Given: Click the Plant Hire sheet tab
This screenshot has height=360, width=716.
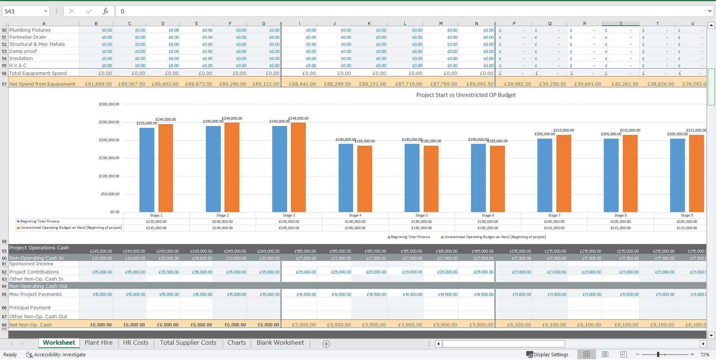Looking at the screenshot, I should tap(98, 343).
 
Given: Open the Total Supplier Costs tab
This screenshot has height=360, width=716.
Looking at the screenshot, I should tap(188, 343).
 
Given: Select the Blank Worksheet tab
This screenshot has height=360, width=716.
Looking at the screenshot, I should tap(280, 343).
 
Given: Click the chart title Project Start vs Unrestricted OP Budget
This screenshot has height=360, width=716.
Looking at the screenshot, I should tap(466, 95).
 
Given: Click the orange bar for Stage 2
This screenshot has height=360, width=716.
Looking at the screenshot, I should tap(232, 167).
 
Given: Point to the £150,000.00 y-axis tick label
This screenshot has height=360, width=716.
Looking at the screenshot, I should tap(109, 158).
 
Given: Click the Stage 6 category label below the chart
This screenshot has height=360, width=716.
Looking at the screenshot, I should tap(488, 215).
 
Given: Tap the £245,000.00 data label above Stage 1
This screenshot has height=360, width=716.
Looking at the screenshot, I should tap(166, 120).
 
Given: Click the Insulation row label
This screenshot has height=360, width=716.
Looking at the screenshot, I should tap(21, 59).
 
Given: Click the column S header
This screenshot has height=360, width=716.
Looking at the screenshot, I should tap(621, 23).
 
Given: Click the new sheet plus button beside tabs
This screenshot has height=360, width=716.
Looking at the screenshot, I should tap(326, 344).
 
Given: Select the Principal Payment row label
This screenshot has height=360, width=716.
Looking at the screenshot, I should tap(30, 308).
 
